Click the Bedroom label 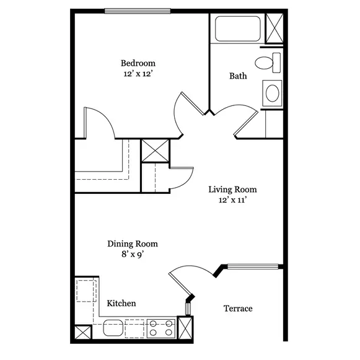pos(138,63)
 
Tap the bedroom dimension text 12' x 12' pos(138,74)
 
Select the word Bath pos(238,76)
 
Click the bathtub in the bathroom pos(238,29)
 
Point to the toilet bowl pos(264,63)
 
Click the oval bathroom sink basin pos(272,93)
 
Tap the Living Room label pos(232,190)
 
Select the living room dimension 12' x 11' pos(232,200)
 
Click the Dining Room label pos(133,244)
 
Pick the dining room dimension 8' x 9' pos(133,255)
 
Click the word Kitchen pos(121,304)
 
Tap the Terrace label pos(238,309)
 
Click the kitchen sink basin pos(113,328)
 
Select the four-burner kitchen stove pos(161,328)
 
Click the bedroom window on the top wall pos(138,11)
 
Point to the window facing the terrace pos(253,266)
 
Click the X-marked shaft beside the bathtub pos(274,29)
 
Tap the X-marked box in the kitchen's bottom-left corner pos(83,333)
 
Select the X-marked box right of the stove pos(185,328)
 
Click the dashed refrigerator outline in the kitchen pos(86,291)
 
